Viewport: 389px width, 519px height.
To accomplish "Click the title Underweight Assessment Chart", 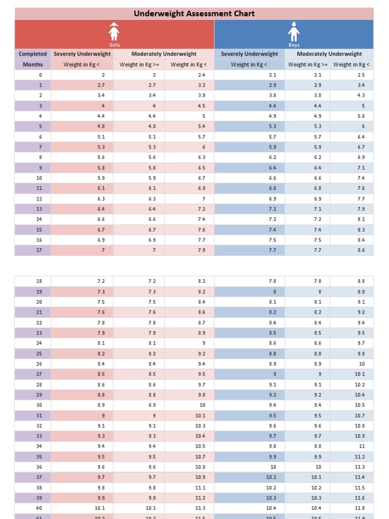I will click(x=194, y=14).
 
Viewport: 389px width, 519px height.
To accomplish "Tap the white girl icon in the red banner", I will click(x=114, y=32).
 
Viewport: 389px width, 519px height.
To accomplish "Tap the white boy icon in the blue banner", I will click(x=294, y=32).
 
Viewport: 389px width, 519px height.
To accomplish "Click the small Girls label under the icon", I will click(x=114, y=45).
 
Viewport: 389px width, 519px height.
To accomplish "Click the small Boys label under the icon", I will click(x=294, y=45).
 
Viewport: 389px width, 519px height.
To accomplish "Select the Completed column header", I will click(x=33, y=54).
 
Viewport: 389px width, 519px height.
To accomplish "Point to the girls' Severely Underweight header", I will click(x=82, y=54).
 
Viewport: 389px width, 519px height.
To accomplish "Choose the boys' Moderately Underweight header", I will click(x=329, y=54).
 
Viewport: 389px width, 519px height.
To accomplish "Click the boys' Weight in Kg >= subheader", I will click(x=308, y=64).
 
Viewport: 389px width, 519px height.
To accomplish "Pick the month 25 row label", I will click(x=40, y=354).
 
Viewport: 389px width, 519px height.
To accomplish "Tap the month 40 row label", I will click(x=40, y=508).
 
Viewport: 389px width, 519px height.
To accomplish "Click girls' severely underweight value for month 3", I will click(x=103, y=106).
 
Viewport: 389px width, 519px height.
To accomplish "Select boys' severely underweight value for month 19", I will click(x=275, y=292).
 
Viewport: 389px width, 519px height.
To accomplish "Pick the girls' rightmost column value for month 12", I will click(x=203, y=199).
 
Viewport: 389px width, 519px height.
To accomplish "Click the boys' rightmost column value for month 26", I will click(x=362, y=364).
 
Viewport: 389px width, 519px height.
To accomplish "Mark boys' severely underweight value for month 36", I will click(x=273, y=467).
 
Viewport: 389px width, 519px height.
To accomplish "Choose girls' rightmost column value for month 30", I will click(x=202, y=405).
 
